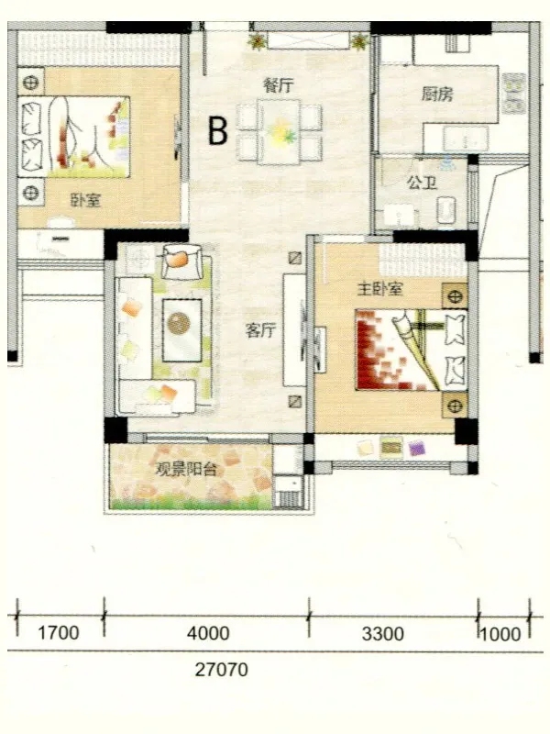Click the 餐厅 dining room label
point(279,86)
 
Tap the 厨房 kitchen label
point(437,95)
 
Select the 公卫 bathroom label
point(422,182)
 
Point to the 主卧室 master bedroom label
point(379,289)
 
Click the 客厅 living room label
point(260,331)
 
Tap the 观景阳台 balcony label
point(186,469)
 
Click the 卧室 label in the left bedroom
point(85,201)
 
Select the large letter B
point(218,130)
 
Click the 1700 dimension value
point(59,633)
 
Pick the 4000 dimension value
point(208,633)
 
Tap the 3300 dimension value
point(382,634)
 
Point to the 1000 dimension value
point(500,634)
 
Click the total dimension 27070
point(221,670)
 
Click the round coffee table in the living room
point(179,324)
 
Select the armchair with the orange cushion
point(181,261)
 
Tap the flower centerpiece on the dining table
point(282,131)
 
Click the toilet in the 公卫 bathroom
point(446,210)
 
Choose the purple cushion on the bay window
point(416,448)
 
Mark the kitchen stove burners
point(514,94)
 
